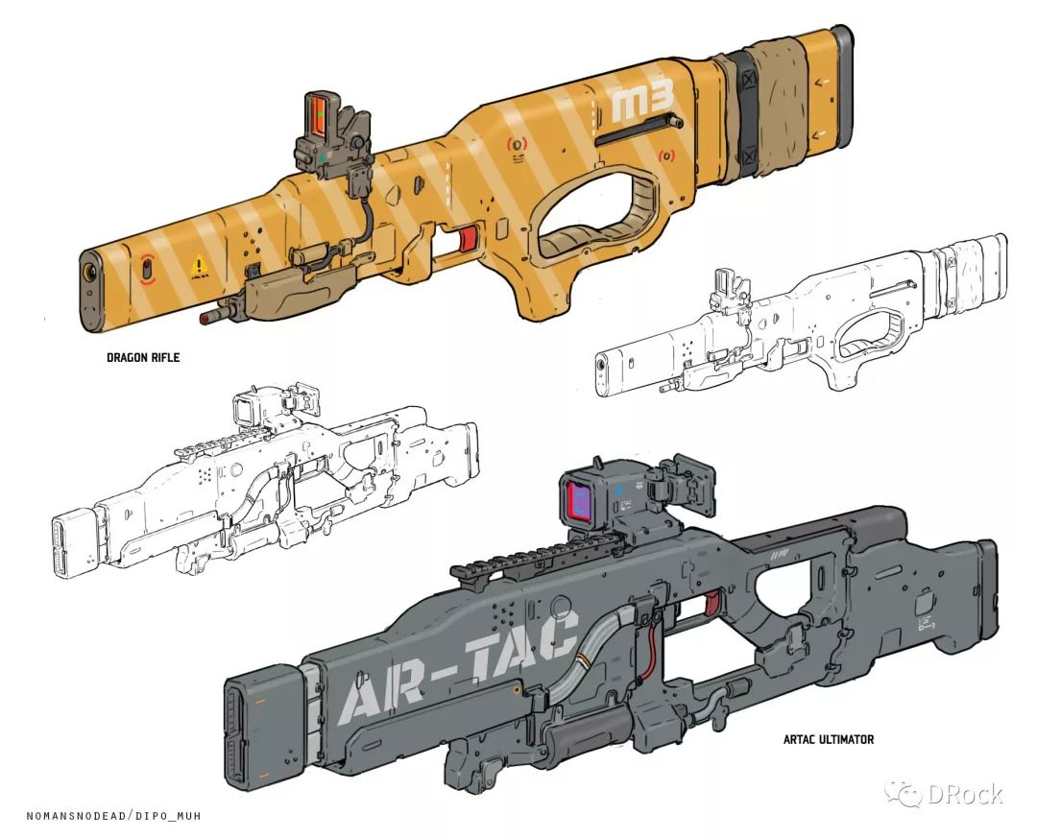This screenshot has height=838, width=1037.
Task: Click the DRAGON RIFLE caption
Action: [143, 357]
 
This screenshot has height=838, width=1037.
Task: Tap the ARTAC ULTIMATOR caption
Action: [828, 739]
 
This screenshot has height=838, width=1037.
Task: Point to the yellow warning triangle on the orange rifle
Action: [199, 266]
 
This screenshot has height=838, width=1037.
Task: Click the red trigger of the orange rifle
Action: [468, 239]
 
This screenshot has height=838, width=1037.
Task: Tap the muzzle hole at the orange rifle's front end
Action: [88, 271]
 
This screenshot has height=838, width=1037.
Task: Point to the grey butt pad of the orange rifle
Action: [842, 84]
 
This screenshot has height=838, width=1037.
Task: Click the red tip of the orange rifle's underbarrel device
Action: [205, 318]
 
